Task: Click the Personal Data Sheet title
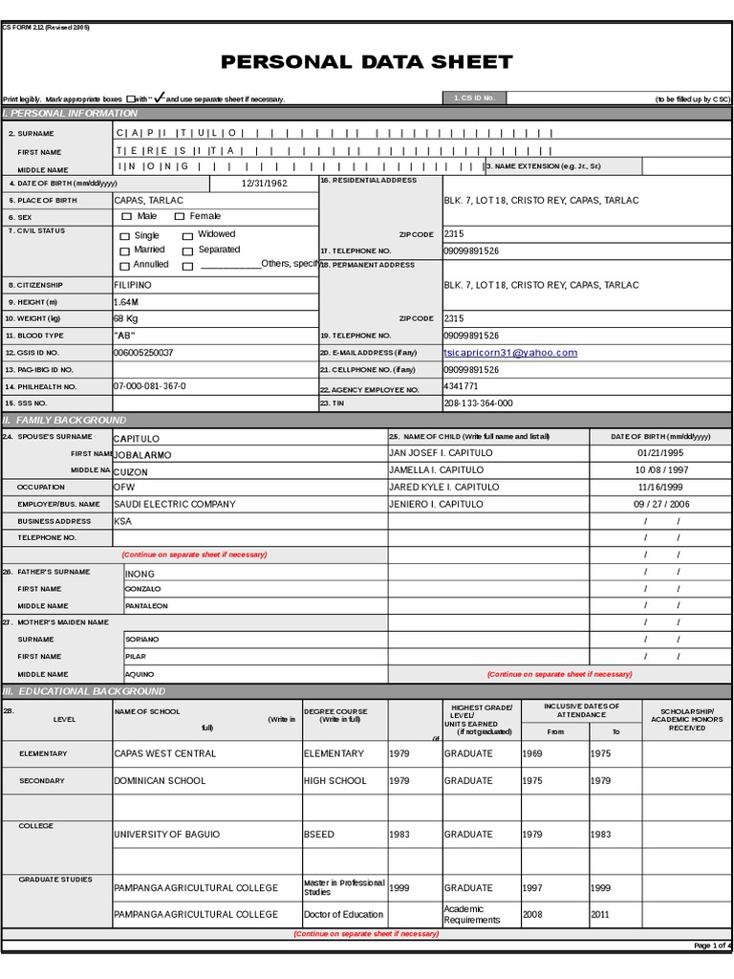tap(367, 63)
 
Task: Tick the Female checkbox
tap(179, 217)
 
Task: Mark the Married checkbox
tap(125, 250)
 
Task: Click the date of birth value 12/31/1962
tap(264, 183)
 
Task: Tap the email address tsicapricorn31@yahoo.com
tap(510, 353)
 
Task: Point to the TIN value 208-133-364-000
tap(478, 403)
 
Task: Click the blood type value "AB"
tap(126, 336)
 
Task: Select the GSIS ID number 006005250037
tap(143, 353)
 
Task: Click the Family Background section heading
tap(65, 420)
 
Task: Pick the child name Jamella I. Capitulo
tap(436, 470)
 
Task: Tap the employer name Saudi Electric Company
tap(174, 504)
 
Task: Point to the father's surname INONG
tap(140, 574)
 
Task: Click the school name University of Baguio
tap(166, 835)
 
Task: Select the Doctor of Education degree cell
tap(343, 914)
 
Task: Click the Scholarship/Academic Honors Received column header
tap(686, 720)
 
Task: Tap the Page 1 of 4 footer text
tap(711, 946)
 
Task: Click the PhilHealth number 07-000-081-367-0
tap(149, 386)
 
